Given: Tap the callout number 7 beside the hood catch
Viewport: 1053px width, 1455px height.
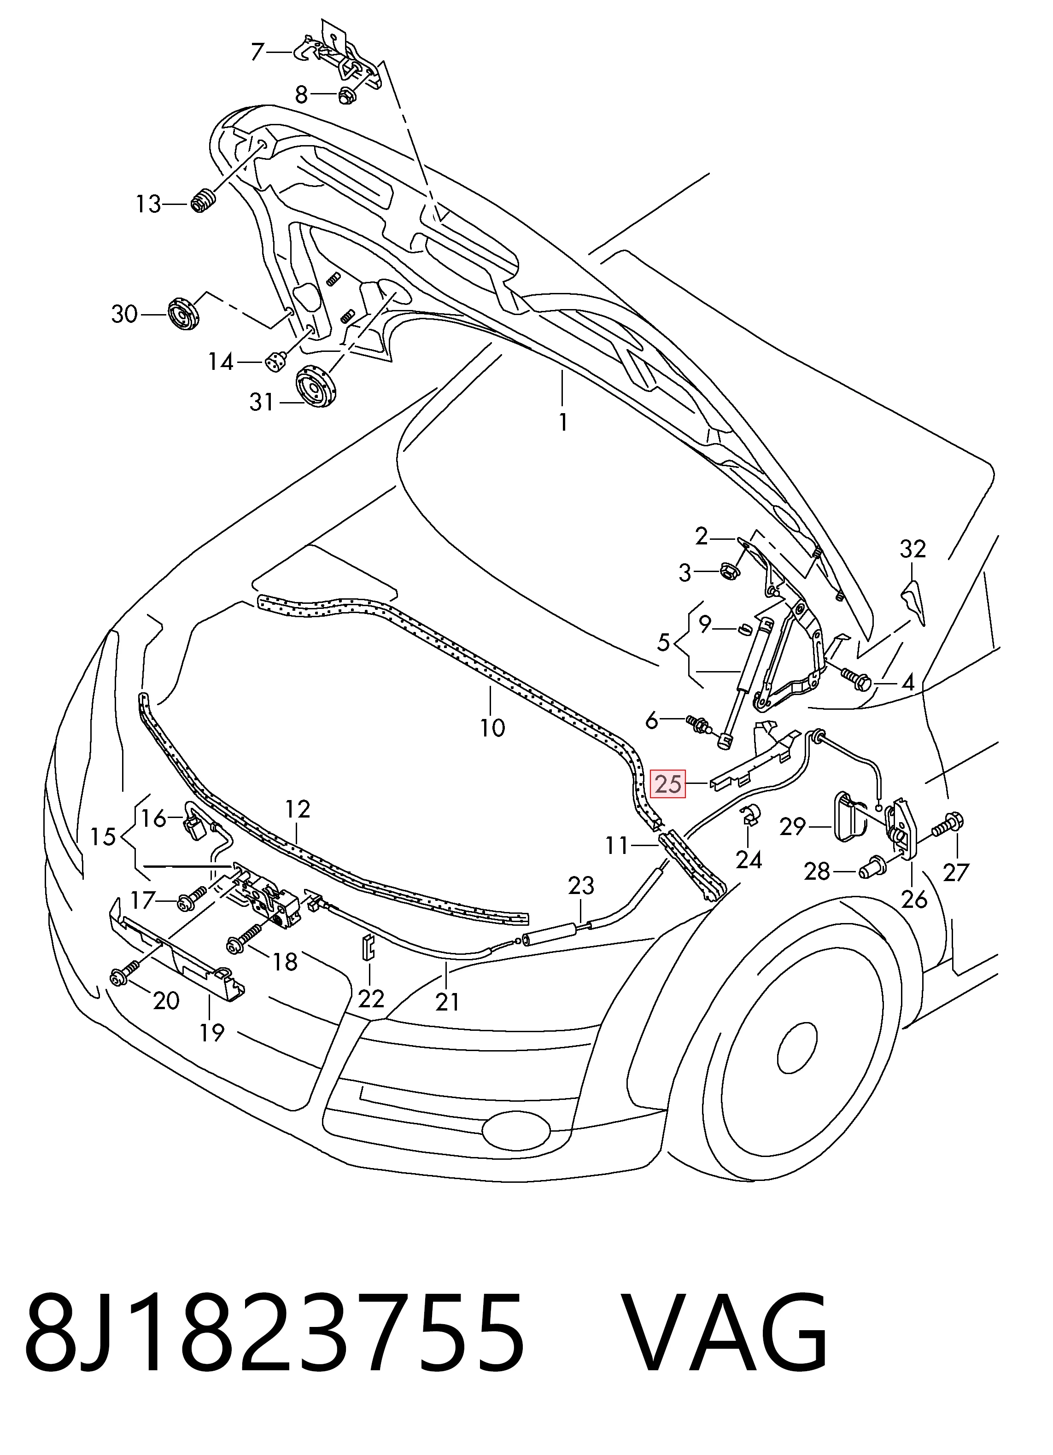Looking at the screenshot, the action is [x=258, y=51].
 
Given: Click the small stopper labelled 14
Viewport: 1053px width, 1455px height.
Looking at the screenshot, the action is [x=275, y=363].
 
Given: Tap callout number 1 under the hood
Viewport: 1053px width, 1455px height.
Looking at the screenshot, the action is [x=563, y=422].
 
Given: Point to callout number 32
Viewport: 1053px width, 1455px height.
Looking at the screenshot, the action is [x=913, y=549].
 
